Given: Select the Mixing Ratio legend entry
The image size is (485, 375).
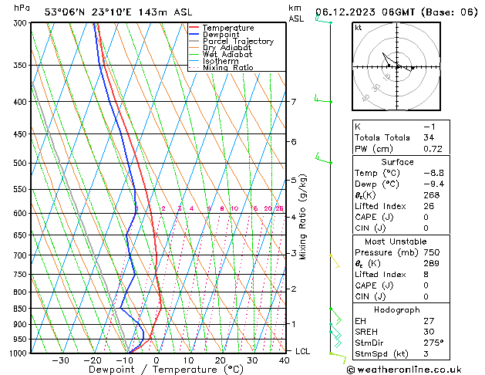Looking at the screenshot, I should click(228, 68).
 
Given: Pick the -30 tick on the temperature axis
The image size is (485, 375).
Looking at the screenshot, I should click(60, 360).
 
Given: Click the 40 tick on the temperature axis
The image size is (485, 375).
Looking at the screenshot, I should click(285, 360).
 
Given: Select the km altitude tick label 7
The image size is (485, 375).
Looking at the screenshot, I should click(293, 102).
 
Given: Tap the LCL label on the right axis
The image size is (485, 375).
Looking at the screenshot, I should click(303, 352).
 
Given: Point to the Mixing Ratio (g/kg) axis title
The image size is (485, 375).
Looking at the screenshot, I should click(304, 217).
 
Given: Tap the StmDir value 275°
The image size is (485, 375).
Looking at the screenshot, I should click(433, 343).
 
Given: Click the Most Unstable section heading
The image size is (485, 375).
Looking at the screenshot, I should click(397, 242).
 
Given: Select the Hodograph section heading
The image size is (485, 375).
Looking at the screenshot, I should click(397, 309).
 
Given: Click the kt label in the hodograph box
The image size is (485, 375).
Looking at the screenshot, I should click(359, 27).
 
